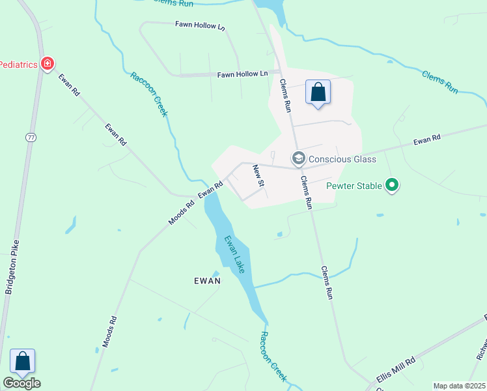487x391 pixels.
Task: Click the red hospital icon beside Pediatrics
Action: tap(47, 64)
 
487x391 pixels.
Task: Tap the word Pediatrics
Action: tap(18, 64)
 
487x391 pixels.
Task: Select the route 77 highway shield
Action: tap(31, 138)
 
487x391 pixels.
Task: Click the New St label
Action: tap(258, 176)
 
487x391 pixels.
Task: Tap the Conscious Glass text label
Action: tap(342, 159)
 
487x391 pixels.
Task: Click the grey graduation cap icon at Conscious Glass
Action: tap(298, 158)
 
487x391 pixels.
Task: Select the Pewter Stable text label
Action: tap(354, 186)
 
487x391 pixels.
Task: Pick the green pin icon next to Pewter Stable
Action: tap(391, 186)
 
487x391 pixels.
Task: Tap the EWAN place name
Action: tap(208, 281)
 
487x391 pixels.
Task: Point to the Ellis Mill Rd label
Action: tap(395, 371)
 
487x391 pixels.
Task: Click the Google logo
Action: tap(21, 383)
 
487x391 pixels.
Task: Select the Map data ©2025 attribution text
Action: tap(459, 386)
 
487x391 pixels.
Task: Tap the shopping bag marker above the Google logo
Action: tap(22, 361)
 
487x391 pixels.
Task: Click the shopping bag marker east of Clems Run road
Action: tap(318, 92)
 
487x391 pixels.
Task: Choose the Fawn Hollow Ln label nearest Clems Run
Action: tap(242, 74)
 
